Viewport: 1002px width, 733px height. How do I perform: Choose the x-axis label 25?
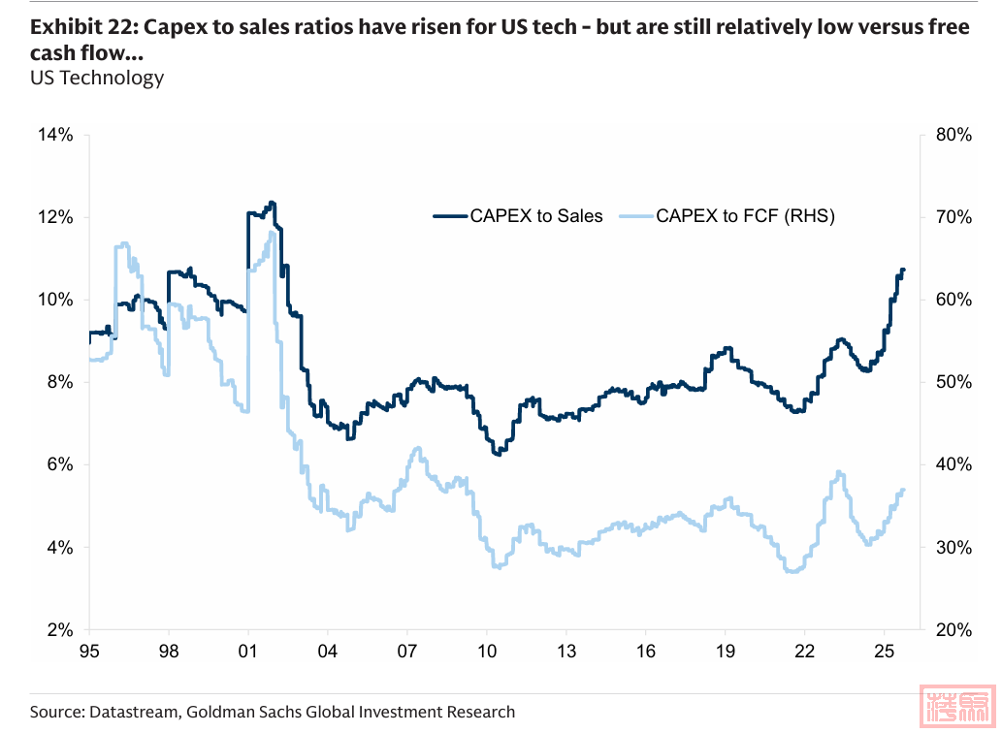pyautogui.click(x=884, y=651)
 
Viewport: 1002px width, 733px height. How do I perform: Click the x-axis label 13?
pyautogui.click(x=566, y=651)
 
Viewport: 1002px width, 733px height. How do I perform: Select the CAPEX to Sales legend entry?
pyautogui.click(x=518, y=216)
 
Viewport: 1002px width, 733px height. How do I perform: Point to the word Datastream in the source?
pyautogui.click(x=131, y=713)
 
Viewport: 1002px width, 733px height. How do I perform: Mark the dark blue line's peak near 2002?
pyautogui.click(x=272, y=203)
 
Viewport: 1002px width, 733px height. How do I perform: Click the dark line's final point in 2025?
pyautogui.click(x=903, y=270)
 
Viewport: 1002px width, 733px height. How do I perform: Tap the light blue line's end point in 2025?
pyautogui.click(x=903, y=490)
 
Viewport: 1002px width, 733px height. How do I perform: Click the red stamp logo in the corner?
pyautogui.click(x=959, y=708)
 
